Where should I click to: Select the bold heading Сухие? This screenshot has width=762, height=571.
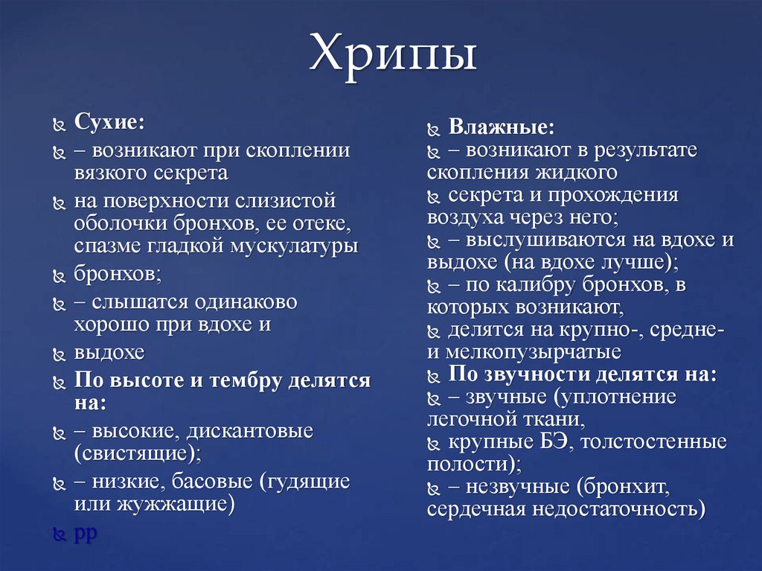pos(109,123)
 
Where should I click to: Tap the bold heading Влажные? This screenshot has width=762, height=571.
pos(502,127)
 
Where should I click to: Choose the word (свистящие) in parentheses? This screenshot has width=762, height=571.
pos(137,453)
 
